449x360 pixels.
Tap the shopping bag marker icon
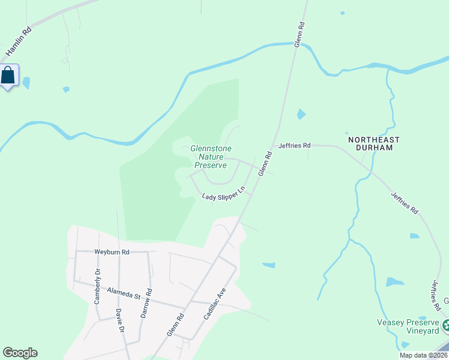[x=8, y=76]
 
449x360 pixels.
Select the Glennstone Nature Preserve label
[x=211, y=157]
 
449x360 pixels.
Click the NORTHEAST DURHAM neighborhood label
[x=373, y=143]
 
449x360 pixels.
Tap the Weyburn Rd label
[x=112, y=252]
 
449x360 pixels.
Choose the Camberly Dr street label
[x=97, y=287]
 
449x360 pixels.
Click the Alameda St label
[x=123, y=292]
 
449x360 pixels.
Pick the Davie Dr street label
[x=119, y=321]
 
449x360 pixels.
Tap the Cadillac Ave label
[x=214, y=303]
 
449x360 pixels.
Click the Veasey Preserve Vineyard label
[x=408, y=326]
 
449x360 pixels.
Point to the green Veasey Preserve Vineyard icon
[x=446, y=326]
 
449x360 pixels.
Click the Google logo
[x=20, y=353]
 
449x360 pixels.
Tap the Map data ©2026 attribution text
[x=423, y=355]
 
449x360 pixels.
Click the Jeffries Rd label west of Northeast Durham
[x=294, y=145]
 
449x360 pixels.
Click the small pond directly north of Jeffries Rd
[x=301, y=114]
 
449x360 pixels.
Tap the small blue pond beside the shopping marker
[x=26, y=83]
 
